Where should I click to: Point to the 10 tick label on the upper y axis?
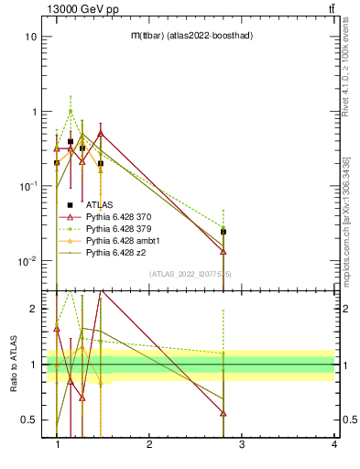pos(30,38)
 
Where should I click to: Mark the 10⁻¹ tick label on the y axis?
pos(28,187)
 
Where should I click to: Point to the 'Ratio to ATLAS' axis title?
pos(13,365)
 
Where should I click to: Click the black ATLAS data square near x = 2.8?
pos(224,232)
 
